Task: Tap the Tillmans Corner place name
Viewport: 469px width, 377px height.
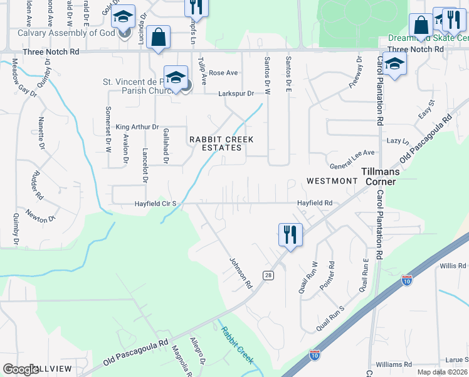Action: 378,176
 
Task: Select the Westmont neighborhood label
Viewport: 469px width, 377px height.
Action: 332,181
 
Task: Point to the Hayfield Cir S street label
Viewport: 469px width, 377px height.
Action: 157,204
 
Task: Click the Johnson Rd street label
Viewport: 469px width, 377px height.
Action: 240,273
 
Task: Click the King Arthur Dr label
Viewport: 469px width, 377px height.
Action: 137,126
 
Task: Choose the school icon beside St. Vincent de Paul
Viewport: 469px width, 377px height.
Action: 176,78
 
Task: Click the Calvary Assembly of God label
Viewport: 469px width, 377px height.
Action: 66,33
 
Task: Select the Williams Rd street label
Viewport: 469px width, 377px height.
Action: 393,364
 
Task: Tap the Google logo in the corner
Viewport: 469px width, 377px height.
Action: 21,369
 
